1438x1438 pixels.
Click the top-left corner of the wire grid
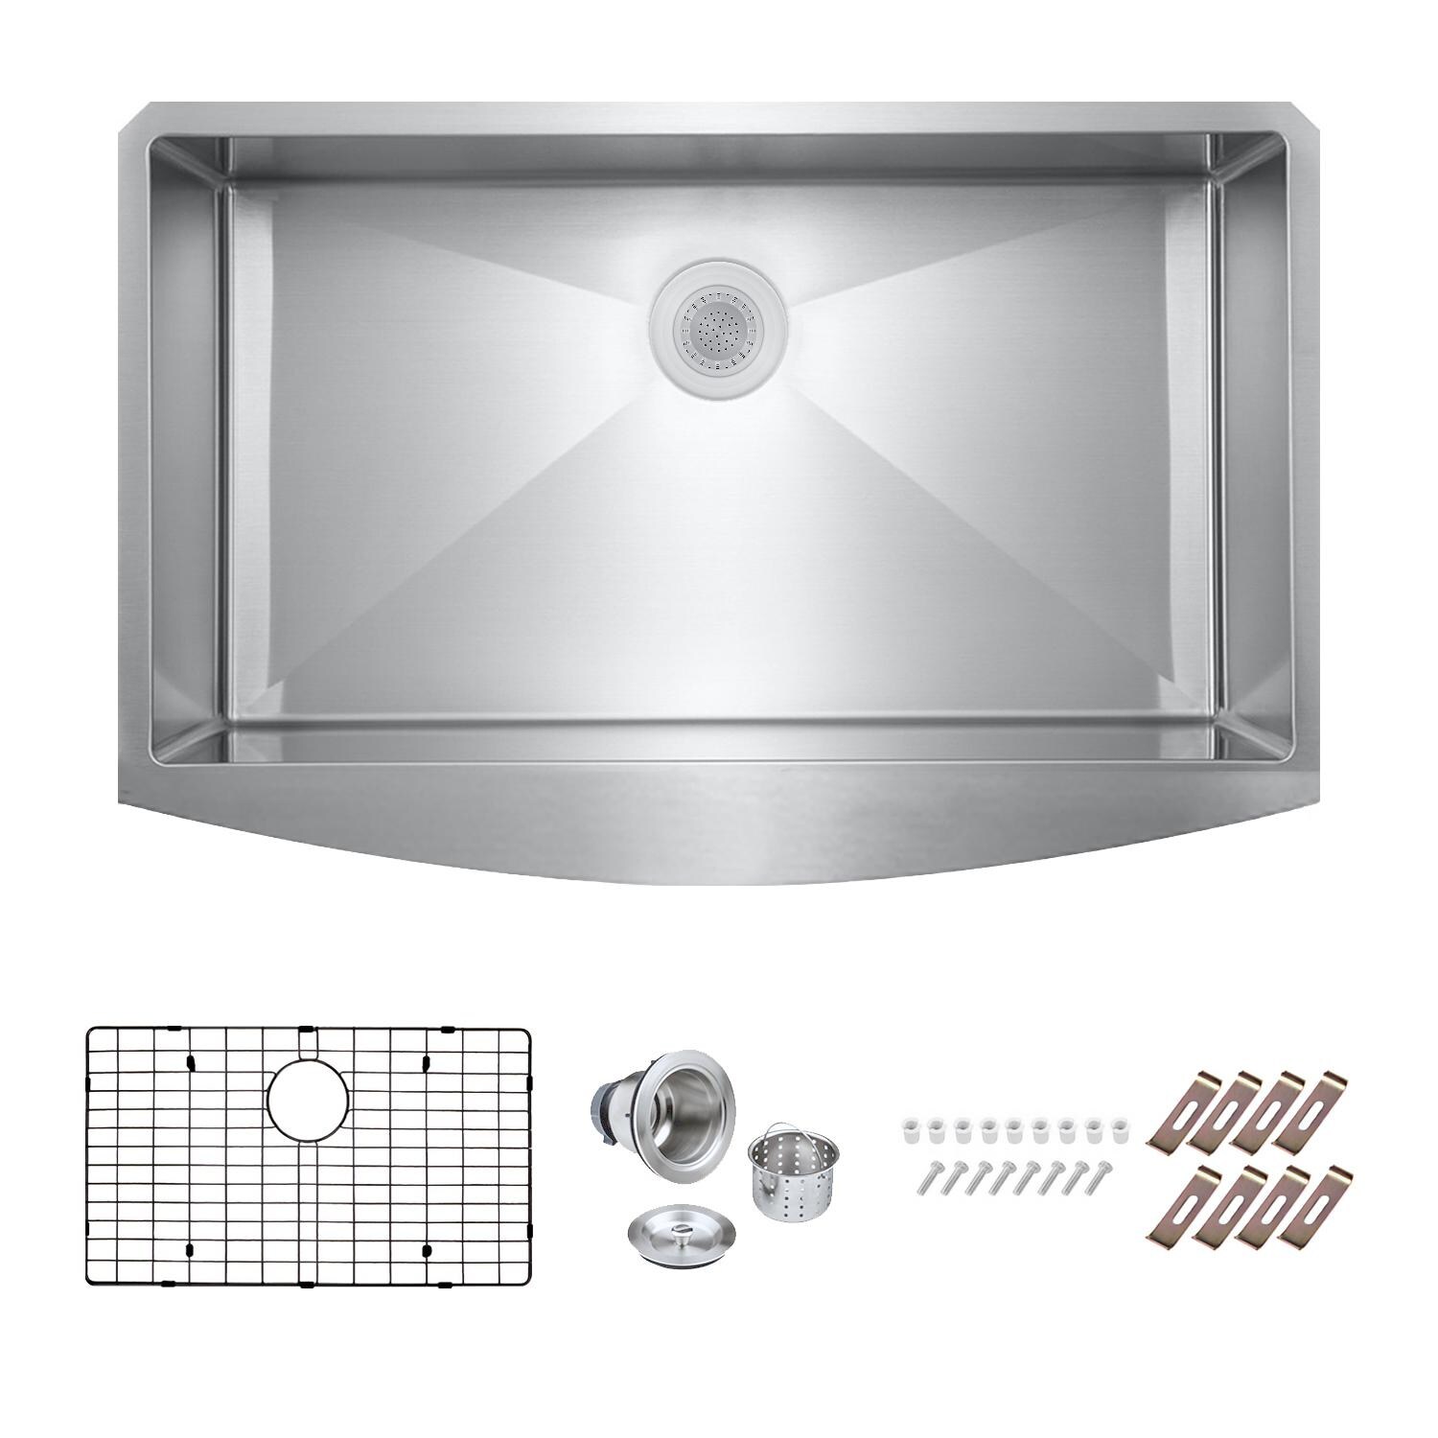[90, 1032]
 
